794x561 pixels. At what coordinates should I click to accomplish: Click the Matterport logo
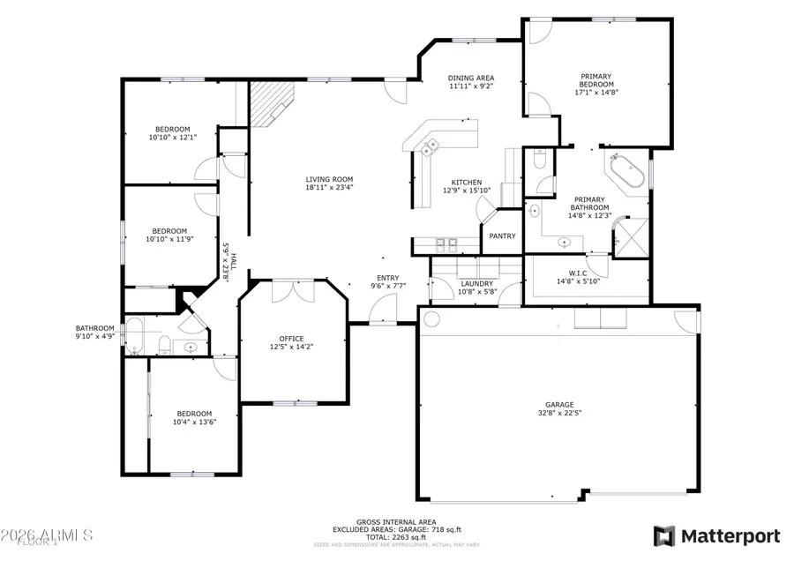716,535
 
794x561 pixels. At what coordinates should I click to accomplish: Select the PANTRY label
502,236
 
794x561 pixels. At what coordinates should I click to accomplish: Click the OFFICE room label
291,339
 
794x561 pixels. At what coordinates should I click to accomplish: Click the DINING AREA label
470,78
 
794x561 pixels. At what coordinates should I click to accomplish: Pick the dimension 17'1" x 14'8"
596,92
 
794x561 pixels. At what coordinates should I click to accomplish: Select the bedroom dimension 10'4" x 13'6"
194,423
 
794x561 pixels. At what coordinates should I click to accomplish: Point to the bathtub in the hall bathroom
134,335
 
